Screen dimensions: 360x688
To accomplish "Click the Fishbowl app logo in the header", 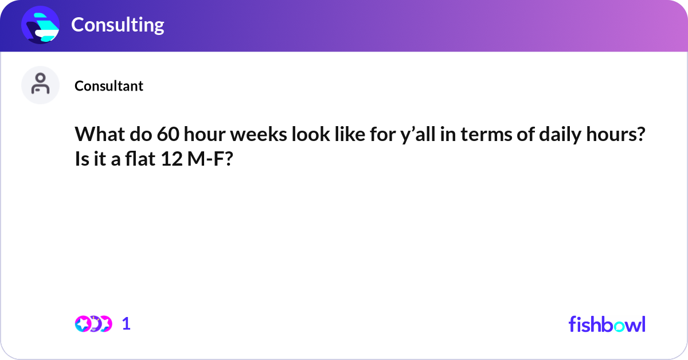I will point(41,25).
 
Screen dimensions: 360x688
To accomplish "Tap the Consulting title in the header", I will point(118,25).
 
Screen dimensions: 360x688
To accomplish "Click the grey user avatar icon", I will point(41,85).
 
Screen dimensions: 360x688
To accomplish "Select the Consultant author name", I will point(109,86).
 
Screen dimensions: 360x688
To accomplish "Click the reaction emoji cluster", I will point(93,324).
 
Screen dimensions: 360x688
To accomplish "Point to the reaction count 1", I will point(126,324).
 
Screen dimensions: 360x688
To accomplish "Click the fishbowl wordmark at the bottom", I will point(607,324).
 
